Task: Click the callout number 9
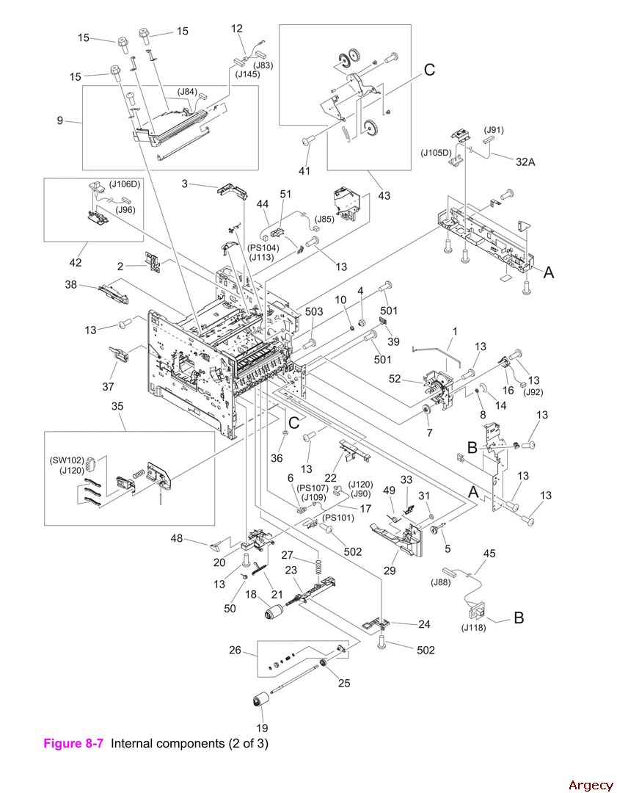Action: [x=60, y=121]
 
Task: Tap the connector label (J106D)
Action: [x=125, y=184]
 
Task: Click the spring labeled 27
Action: [x=318, y=567]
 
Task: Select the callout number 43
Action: [x=384, y=195]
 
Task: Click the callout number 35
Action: [x=117, y=406]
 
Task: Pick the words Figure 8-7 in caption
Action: [x=76, y=743]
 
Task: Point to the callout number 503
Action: [x=313, y=312]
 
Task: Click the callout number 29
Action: [x=388, y=571]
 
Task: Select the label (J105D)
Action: [x=436, y=153]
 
